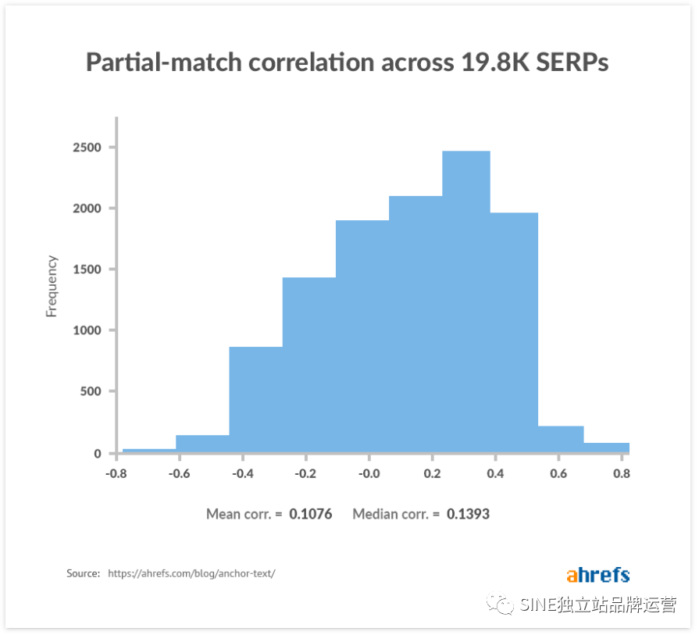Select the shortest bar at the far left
149,450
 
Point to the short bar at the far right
606,448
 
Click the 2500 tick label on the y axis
86,148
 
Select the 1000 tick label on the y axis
86,330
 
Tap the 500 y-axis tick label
90,391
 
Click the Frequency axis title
52,286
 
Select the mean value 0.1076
310,514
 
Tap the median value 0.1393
468,514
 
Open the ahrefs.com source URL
191,573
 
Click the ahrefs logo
597,575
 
